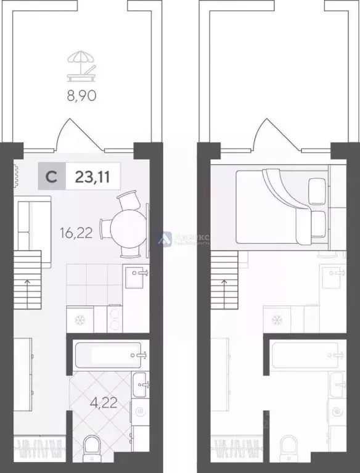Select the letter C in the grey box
tap(53, 177)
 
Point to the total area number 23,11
tap(89, 177)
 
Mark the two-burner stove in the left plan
tap(115, 318)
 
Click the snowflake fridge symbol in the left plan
tap(80, 319)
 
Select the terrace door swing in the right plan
tap(265, 133)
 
